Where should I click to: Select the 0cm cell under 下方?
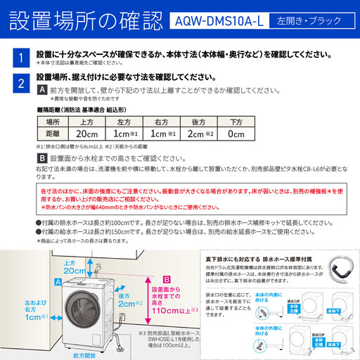coord(236,134)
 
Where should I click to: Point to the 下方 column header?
coord(236,120)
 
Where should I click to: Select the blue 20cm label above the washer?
coord(74,270)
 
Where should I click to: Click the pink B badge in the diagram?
coord(167,279)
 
